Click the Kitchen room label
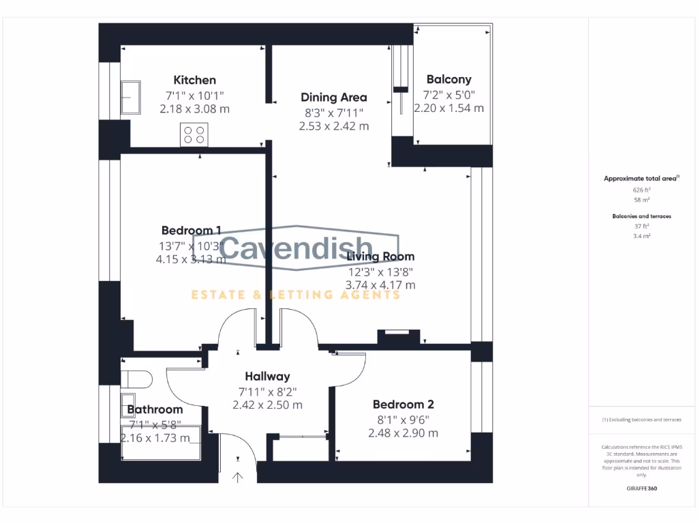coord(194,81)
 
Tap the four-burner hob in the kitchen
coord(194,134)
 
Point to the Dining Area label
coord(334,98)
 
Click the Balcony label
coord(449,80)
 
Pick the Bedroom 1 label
coord(192,230)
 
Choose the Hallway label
coord(267,376)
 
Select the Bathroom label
coord(155,409)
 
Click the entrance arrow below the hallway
coord(238,477)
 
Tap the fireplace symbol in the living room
coord(399,335)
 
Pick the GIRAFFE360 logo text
coord(641,489)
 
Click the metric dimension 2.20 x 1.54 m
coord(449,108)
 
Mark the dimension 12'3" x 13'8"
coord(380,272)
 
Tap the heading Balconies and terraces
coord(641,216)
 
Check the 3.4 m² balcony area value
coord(641,235)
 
